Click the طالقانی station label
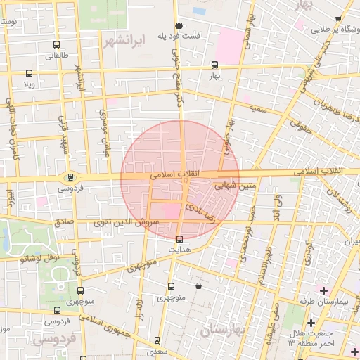(56, 56)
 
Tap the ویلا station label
(30, 84)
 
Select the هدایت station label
(179, 249)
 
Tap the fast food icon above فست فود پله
(179, 26)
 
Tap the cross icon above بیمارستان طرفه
(323, 290)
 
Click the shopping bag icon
(200, 286)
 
